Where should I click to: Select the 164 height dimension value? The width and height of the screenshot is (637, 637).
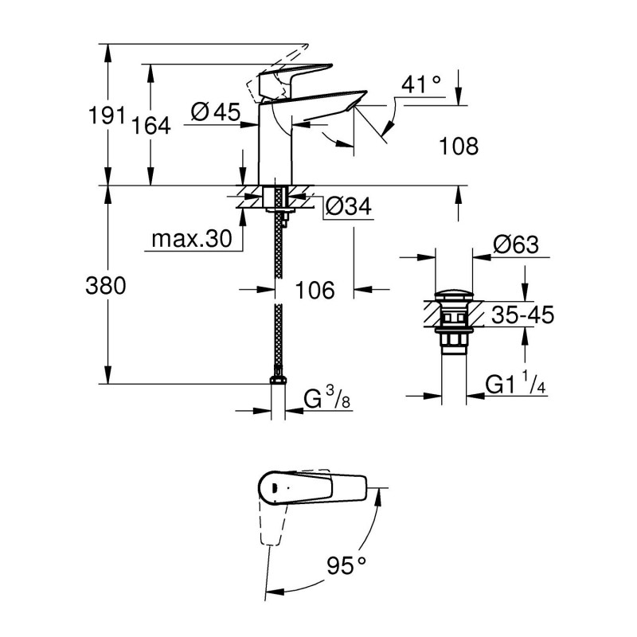(152, 125)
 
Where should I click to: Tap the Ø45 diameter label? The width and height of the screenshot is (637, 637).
(216, 114)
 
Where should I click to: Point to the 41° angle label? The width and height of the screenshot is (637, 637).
(421, 84)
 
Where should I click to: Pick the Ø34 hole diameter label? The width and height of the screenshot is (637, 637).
(347, 208)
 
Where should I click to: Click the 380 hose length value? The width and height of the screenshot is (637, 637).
(105, 286)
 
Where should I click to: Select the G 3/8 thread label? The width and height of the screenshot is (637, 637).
(327, 398)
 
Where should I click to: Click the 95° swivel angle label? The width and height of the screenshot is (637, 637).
(346, 566)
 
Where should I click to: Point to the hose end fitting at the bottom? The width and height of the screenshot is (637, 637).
(278, 377)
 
